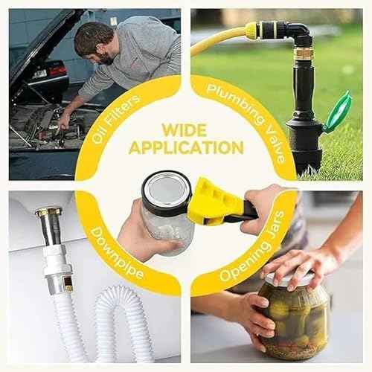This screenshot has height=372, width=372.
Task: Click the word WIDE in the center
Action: (x=185, y=130)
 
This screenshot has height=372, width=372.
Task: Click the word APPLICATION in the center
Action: (x=186, y=147)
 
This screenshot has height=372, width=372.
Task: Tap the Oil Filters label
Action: (x=116, y=119)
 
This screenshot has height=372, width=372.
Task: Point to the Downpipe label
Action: (x=117, y=254)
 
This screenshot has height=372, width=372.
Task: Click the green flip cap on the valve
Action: (x=337, y=112)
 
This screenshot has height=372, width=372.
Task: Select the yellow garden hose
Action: (x=221, y=39)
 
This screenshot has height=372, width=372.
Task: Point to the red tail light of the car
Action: (x=57, y=71)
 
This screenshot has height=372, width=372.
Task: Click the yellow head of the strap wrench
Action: (x=214, y=202)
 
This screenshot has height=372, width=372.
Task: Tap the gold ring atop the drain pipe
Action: (x=48, y=212)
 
